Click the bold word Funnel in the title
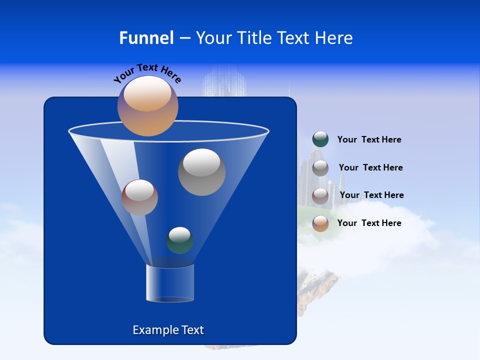click(146, 38)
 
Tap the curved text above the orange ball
click(147, 72)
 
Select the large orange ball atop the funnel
click(148, 106)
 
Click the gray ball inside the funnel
click(201, 172)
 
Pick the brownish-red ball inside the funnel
click(139, 197)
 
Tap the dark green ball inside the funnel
click(179, 240)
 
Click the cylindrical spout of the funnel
click(170, 283)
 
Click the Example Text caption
click(168, 330)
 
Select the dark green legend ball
click(320, 139)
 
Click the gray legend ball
click(320, 168)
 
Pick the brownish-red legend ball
click(320, 195)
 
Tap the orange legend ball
click(320, 223)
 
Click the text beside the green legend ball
click(369, 139)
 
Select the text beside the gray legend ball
click(370, 167)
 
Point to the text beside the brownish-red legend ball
click(371, 195)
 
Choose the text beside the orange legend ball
click(369, 223)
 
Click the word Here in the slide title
click(335, 38)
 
